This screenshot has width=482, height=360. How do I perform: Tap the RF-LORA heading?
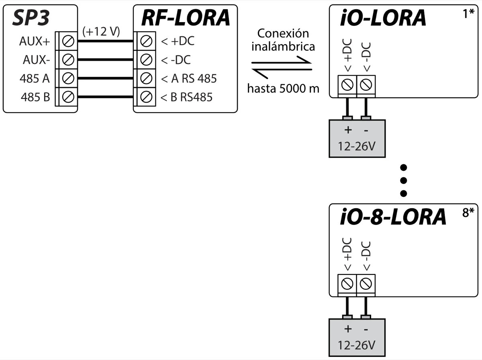(x=185, y=18)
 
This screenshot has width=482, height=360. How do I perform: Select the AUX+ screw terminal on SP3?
(x=69, y=41)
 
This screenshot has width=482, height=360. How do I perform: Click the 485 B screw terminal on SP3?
(x=69, y=97)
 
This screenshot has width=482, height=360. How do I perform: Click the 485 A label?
(x=35, y=78)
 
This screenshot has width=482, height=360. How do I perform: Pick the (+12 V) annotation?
(x=101, y=32)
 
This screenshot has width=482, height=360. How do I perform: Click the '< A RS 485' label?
(x=189, y=78)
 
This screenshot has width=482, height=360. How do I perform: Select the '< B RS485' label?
(x=186, y=97)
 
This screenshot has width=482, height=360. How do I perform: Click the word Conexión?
(x=283, y=34)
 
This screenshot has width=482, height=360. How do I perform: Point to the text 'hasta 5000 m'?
(x=283, y=88)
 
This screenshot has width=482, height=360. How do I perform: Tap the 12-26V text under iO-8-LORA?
(x=357, y=345)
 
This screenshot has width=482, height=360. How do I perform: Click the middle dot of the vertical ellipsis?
(x=404, y=180)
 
